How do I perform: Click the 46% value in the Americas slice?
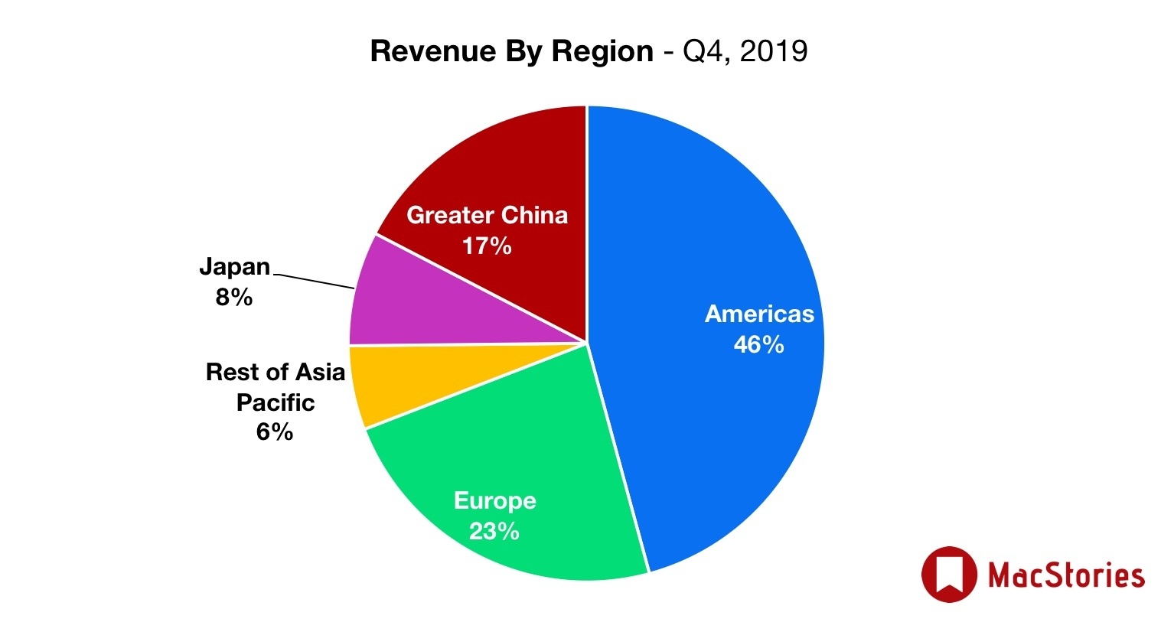[x=758, y=345]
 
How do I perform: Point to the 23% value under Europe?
[x=494, y=531]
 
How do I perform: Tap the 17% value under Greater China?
[x=487, y=246]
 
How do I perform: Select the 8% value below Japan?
[x=234, y=297]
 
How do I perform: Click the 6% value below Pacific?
[x=275, y=432]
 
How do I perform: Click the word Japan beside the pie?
[x=234, y=266]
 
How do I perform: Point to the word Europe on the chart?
[x=494, y=500]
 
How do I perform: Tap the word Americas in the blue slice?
[x=759, y=314]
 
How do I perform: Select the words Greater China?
[x=487, y=215]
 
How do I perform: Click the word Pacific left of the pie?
[x=276, y=402]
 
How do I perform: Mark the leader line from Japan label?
[x=314, y=281]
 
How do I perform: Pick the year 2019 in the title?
[x=774, y=51]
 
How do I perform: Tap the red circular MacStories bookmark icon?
[x=949, y=574]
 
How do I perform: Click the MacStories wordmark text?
[x=1066, y=575]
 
